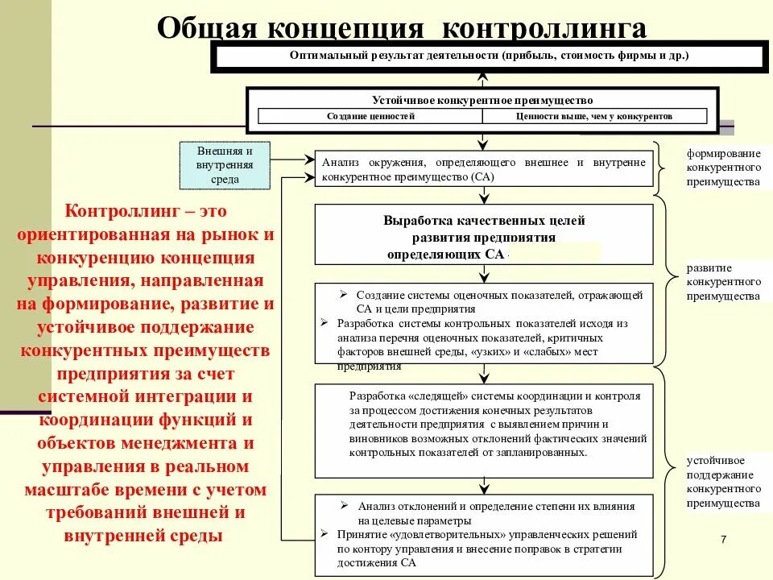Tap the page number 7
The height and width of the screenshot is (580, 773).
coord(723,539)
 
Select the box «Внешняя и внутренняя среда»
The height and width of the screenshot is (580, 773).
coord(225,165)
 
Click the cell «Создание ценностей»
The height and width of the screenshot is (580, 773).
coord(370,116)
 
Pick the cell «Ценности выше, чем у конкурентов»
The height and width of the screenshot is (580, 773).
coord(594,116)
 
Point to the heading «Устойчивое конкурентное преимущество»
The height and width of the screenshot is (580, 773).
coord(482,100)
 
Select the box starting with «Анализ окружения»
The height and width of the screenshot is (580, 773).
coord(483,169)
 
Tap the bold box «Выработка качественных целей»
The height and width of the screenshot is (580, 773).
coord(483,234)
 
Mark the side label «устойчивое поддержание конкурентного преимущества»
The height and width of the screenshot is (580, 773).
coord(723,483)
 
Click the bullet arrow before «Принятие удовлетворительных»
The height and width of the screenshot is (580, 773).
coord(324,534)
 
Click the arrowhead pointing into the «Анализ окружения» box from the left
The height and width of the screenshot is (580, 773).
coord(311,159)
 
